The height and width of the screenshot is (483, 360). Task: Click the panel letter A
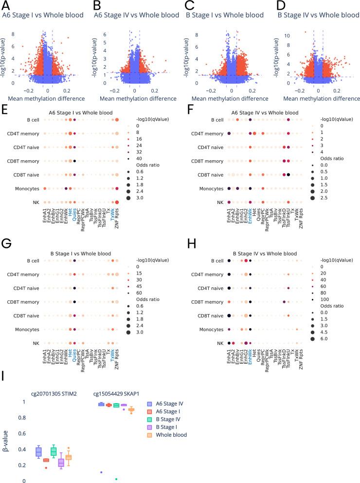point(6,6)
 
